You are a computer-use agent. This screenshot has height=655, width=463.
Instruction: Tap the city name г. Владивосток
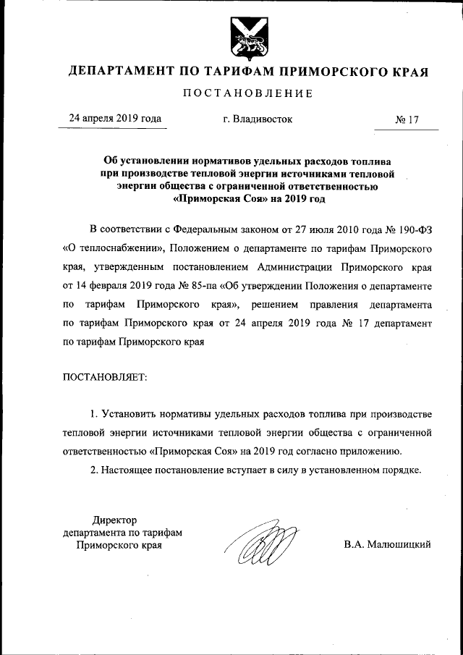(x=258, y=119)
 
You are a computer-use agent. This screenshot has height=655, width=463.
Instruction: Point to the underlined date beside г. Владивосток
(x=114, y=119)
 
